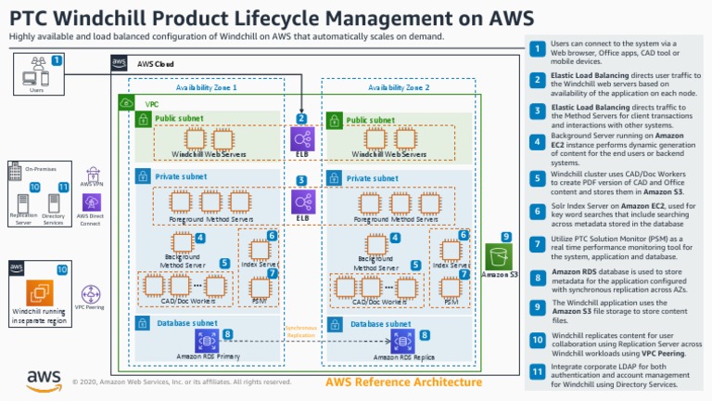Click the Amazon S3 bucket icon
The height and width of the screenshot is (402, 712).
pyautogui.click(x=500, y=256)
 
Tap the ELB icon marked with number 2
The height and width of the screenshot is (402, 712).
pyautogui.click(x=302, y=139)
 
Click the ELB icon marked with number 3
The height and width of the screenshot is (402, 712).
pyautogui.click(x=302, y=201)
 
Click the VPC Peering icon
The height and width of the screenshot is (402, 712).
pyautogui.click(x=91, y=295)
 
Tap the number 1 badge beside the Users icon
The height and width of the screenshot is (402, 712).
pyautogui.click(x=57, y=59)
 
